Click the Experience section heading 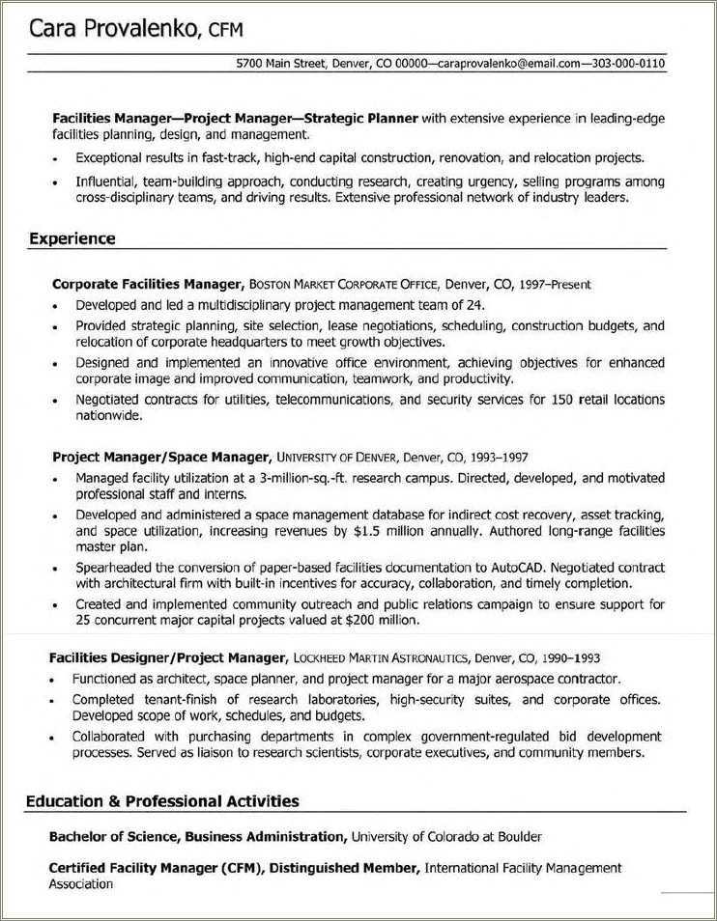[72, 237]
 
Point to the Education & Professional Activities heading [162, 800]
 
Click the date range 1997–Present [555, 285]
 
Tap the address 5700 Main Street [280, 65]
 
